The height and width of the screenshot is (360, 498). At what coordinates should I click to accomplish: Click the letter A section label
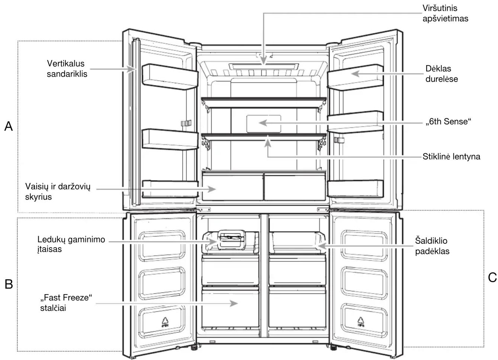coord(9,126)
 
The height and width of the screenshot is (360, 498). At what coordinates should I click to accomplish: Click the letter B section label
coord(9,284)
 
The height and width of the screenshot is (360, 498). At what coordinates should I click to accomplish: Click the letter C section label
coord(492,277)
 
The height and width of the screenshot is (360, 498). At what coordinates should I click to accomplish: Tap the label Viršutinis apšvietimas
coord(445,13)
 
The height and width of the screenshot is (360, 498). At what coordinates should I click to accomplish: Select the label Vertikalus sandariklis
coord(67,69)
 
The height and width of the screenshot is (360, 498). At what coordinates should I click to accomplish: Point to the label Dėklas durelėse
coord(441,74)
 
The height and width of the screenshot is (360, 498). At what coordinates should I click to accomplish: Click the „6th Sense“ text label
coord(448,122)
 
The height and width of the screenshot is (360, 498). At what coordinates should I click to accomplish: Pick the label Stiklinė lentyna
coord(451,156)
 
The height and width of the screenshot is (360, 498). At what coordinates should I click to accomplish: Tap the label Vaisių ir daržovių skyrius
coord(58,191)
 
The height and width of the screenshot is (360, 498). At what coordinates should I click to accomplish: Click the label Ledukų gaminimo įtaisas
coord(71,244)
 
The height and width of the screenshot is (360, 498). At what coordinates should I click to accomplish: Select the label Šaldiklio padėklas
coord(432,246)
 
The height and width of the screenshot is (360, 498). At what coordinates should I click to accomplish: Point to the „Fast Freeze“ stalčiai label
coord(66,303)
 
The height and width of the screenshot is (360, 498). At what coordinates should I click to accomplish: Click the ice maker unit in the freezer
coord(231,240)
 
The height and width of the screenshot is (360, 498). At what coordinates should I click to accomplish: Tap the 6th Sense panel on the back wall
coord(264,124)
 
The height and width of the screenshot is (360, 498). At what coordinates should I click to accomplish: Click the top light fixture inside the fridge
coord(264,67)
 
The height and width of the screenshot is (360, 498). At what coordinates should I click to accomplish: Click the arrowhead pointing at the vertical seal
coord(131,69)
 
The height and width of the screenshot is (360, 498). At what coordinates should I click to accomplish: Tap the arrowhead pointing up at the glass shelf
coord(268,142)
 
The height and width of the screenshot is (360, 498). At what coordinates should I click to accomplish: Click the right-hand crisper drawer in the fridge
coord(295,187)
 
